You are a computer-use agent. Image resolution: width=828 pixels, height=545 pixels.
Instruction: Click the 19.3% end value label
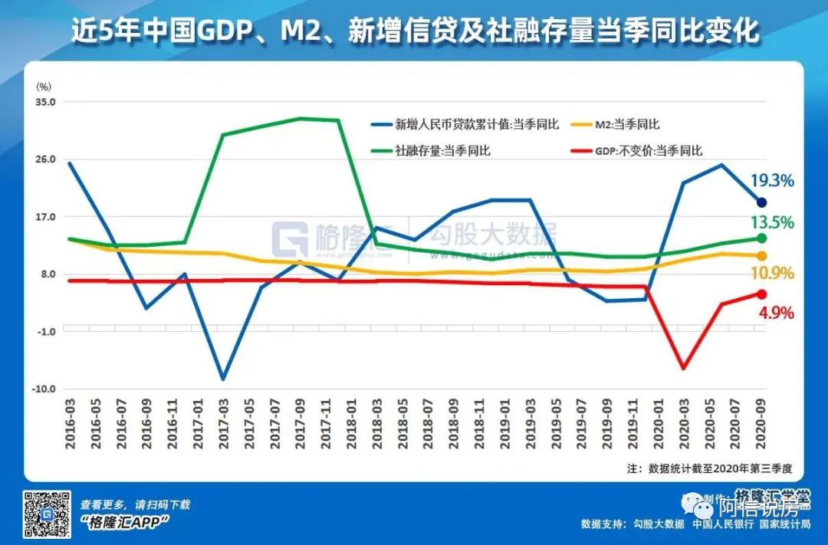(x=772, y=182)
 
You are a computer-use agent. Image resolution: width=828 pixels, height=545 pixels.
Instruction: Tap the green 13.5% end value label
(x=772, y=223)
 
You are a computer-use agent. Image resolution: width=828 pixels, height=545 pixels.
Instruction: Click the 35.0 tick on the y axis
(x=46, y=102)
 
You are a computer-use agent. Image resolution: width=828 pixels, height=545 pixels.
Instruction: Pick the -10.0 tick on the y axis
(x=44, y=389)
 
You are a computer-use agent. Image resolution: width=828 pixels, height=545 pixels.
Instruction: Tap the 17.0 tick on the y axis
(x=46, y=217)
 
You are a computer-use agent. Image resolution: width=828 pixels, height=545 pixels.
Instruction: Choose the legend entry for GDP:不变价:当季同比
(x=640, y=151)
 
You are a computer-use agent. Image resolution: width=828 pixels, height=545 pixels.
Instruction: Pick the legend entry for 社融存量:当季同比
(x=431, y=151)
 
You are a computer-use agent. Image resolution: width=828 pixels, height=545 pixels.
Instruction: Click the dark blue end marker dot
(x=761, y=202)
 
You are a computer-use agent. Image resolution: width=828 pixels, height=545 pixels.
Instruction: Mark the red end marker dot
(x=761, y=294)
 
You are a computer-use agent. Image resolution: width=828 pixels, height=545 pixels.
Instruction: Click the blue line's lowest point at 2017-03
(x=223, y=379)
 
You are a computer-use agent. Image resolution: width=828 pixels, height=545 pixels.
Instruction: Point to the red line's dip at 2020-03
(x=683, y=368)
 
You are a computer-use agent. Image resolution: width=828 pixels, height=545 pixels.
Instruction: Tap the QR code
(x=48, y=514)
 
